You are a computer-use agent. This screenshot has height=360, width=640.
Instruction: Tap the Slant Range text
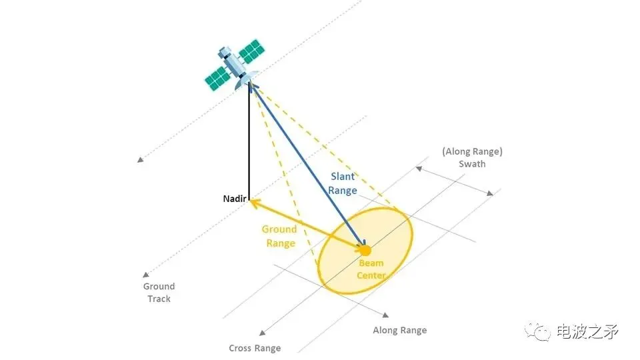pyautogui.click(x=343, y=183)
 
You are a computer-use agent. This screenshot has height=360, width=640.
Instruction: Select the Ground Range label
pyautogui.click(x=280, y=236)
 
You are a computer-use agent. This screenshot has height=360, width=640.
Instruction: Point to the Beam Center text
pyautogui.click(x=371, y=269)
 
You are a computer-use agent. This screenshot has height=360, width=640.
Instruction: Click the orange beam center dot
pyautogui.click(x=365, y=251)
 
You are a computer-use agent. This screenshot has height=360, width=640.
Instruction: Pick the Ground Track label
pyautogui.click(x=159, y=293)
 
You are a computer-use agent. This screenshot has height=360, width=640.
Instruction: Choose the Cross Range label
pyautogui.click(x=255, y=348)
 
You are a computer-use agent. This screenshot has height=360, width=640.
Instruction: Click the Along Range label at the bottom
pyautogui.click(x=399, y=330)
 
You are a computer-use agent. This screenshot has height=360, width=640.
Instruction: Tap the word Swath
pyautogui.click(x=472, y=164)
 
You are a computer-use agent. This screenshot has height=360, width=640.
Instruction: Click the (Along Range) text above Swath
pyautogui.click(x=472, y=152)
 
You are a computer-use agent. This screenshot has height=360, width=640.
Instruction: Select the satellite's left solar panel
pyautogui.click(x=217, y=78)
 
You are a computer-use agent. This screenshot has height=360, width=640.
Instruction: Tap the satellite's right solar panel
pyautogui.click(x=252, y=51)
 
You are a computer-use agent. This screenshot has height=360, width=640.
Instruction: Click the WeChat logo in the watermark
pyautogui.click(x=537, y=331)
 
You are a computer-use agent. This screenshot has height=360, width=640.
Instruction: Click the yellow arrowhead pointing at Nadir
pyautogui.click(x=253, y=201)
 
